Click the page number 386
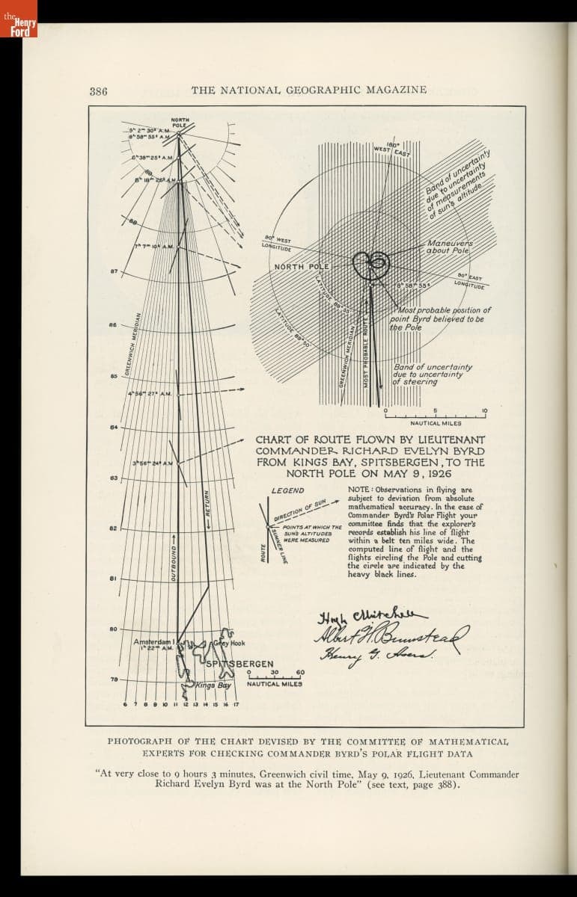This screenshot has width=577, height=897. pos(99,91)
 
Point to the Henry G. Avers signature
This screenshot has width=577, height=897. pos(367,656)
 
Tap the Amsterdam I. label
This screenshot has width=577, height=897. pos(154,642)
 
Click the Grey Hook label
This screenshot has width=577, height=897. pos(229,643)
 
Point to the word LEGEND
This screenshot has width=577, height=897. pos(287,490)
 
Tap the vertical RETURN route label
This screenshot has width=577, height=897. pos(207,508)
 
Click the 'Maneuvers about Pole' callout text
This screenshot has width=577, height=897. pos(448,247)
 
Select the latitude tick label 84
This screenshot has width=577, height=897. pos(114,428)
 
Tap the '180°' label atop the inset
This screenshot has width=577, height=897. pos(394,145)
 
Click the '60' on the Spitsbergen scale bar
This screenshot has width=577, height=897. pos(299,671)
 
